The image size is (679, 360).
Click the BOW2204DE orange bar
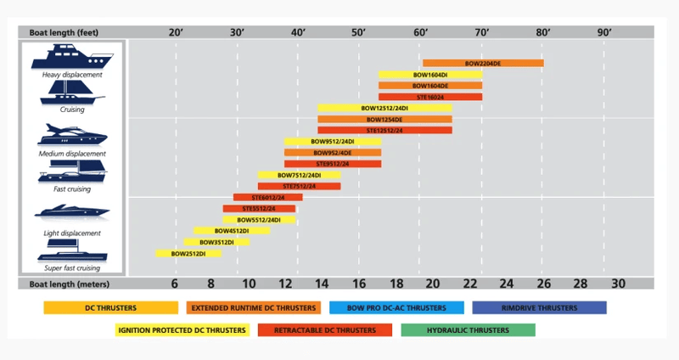point(483,63)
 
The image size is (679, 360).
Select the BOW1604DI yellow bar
point(430,75)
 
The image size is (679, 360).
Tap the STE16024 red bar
point(430,97)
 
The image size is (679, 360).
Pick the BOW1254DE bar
point(385,120)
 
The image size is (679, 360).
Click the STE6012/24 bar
point(268,198)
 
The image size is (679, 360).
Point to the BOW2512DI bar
point(188,253)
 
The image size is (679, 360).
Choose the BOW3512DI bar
point(216,242)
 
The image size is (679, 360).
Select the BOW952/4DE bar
point(333,153)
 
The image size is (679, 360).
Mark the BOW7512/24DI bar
point(300,175)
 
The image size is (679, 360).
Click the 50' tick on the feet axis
point(358,32)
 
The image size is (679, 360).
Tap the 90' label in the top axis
point(604,32)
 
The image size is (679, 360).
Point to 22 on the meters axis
point(470,284)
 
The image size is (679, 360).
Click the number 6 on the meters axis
point(175,284)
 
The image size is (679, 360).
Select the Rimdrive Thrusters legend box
point(539,307)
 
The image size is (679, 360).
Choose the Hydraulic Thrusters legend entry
point(469,330)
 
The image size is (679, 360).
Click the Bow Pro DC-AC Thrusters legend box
point(396,307)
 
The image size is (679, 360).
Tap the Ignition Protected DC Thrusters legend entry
point(182,330)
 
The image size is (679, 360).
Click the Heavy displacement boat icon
point(72,56)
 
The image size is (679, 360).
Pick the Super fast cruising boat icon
point(72,250)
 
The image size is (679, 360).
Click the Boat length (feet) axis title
point(64,32)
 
